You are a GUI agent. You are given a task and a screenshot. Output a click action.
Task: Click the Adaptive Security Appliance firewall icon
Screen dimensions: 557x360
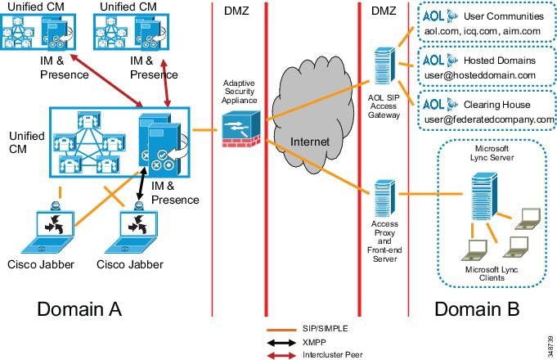tap(241, 129)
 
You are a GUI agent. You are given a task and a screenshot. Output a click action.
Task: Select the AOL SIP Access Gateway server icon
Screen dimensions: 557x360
tap(384, 65)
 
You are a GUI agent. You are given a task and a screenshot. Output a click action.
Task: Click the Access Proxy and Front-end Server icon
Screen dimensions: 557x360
tap(385, 198)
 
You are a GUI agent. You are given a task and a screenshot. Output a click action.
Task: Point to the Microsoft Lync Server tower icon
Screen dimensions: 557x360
tap(484, 196)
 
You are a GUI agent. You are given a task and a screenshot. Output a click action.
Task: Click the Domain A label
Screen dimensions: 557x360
tap(79, 308)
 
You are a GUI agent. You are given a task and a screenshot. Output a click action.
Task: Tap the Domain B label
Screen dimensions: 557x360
tap(477, 308)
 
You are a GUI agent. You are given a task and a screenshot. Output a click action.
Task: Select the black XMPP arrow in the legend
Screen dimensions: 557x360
tap(281, 343)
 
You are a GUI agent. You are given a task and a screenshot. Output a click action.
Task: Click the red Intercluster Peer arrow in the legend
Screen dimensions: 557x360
tap(281, 355)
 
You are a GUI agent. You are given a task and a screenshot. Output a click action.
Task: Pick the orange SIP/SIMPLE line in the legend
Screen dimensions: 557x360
tap(281, 331)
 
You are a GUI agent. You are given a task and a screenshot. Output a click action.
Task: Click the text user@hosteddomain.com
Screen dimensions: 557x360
tap(480, 75)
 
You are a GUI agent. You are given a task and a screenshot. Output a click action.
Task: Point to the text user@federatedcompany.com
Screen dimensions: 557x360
tap(489, 119)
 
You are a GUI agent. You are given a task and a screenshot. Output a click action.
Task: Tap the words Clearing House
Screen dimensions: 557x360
tap(497, 105)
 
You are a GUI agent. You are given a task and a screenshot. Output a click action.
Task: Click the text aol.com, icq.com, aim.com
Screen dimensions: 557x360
tap(483, 31)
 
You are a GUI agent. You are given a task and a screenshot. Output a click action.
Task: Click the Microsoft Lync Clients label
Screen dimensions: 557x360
tap(492, 273)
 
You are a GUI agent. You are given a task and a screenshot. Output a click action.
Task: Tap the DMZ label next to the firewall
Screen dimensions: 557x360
tap(236, 11)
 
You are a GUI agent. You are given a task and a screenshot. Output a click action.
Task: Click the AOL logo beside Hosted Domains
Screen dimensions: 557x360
tap(440, 60)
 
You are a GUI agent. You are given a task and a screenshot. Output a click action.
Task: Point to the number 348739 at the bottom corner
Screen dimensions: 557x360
tap(550, 347)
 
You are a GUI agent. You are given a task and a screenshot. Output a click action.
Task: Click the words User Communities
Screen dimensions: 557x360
tap(504, 16)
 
